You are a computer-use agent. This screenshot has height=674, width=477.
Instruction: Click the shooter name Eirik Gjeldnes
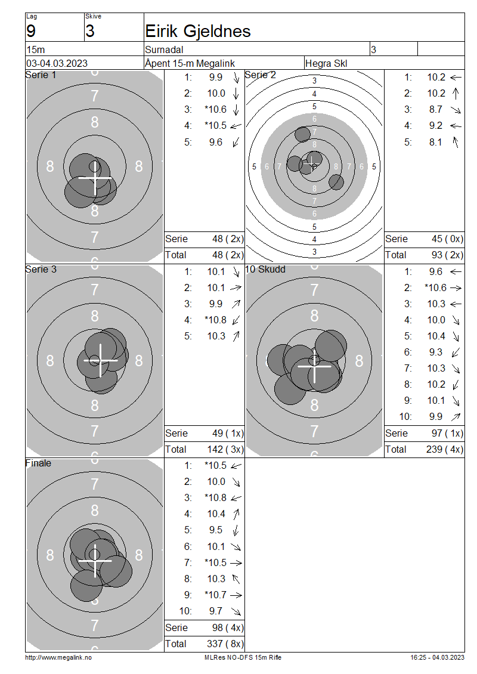pyautogui.click(x=198, y=32)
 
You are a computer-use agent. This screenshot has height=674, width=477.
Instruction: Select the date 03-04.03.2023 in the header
pyautogui.click(x=57, y=63)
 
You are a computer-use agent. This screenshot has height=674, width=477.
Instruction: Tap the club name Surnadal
pyautogui.click(x=164, y=50)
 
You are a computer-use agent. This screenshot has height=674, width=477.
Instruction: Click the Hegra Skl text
pyautogui.click(x=326, y=63)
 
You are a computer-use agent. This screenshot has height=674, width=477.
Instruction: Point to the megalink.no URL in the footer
pyautogui.click(x=58, y=657)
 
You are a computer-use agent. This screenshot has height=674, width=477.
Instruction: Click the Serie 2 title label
pyautogui.click(x=261, y=75)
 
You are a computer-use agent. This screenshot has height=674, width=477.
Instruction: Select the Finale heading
pyautogui.click(x=38, y=463)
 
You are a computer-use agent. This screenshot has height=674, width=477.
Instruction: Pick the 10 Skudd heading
pyautogui.click(x=265, y=269)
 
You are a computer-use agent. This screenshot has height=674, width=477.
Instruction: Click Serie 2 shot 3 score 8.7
pyautogui.click(x=436, y=109)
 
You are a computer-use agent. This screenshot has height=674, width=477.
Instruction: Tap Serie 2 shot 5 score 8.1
pyautogui.click(x=436, y=142)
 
